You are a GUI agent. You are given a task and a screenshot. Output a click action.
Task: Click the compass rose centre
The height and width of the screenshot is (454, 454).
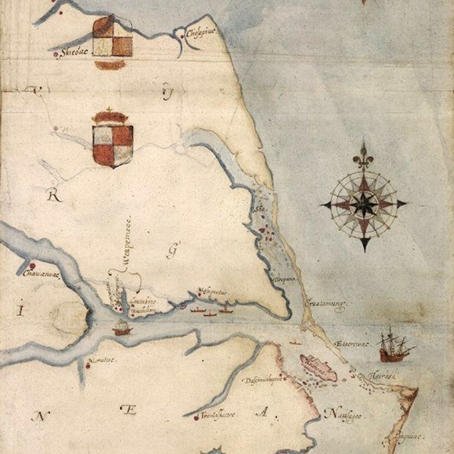coord(364,203)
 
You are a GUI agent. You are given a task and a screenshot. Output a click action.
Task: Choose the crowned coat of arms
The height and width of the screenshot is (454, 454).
coord(113,139)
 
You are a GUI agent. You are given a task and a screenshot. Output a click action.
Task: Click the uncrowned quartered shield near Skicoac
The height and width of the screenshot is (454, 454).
coord(113,41)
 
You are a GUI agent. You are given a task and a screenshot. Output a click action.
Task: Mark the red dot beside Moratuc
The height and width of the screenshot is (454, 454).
coord(88,366)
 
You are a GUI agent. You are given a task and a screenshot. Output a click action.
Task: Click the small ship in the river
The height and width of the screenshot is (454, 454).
coord(122,328)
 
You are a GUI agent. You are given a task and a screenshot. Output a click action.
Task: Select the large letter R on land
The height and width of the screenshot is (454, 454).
coord(55,196)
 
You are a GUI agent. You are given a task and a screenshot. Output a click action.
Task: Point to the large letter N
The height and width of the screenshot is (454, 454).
coord(41,416)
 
